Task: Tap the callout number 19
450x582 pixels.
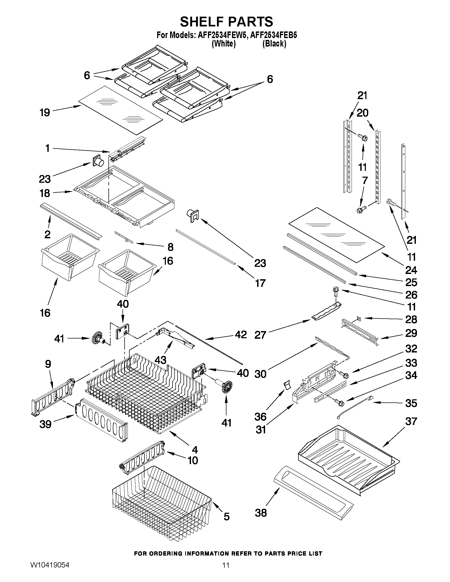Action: pyautogui.click(x=45, y=113)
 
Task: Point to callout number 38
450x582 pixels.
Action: pyautogui.click(x=261, y=512)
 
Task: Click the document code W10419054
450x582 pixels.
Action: pyautogui.click(x=49, y=571)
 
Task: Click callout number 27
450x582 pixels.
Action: pyautogui.click(x=260, y=335)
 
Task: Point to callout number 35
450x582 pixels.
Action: pyautogui.click(x=411, y=403)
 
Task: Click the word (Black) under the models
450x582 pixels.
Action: pyautogui.click(x=274, y=44)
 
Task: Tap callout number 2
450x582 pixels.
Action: pyautogui.click(x=47, y=234)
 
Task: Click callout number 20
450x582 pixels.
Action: pyautogui.click(x=362, y=113)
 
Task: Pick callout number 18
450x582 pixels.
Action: pyautogui.click(x=45, y=193)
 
